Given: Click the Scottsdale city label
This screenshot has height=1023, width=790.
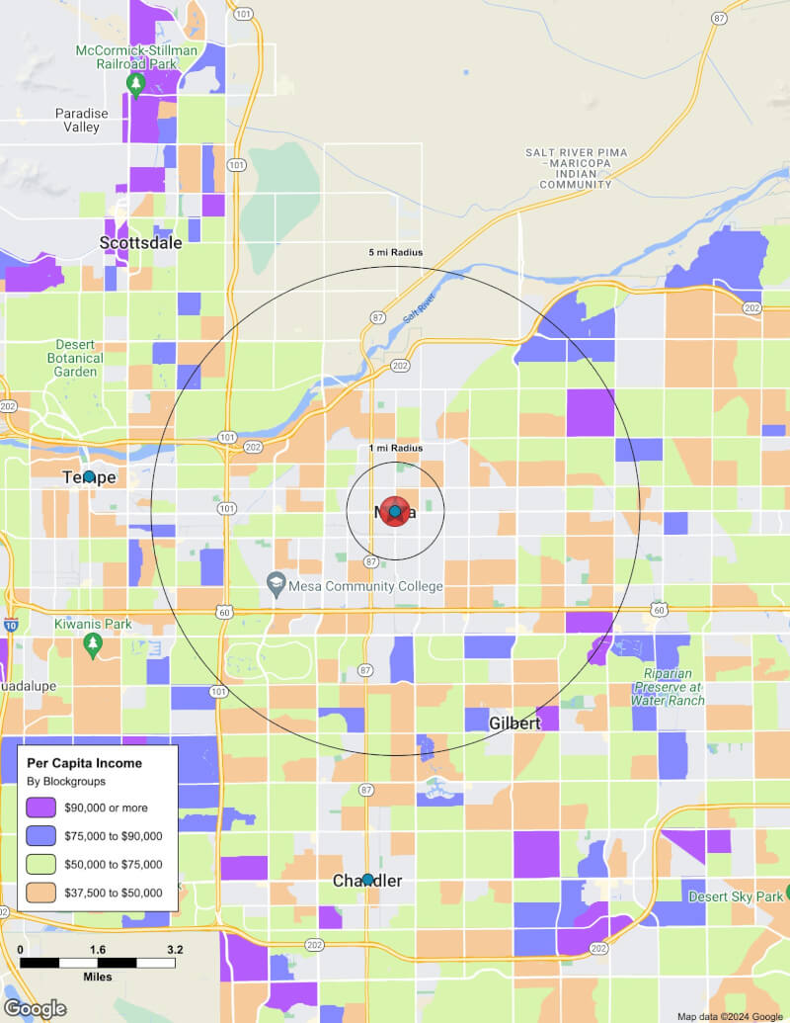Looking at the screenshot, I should pos(141,242).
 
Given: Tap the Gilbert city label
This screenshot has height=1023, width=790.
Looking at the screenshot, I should pos(514,724).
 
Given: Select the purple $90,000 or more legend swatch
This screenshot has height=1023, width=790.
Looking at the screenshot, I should pos(41,808).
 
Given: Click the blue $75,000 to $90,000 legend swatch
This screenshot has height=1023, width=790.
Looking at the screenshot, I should pos(41,836).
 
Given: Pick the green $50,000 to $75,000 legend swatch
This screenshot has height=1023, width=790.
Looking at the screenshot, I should pos(41,864).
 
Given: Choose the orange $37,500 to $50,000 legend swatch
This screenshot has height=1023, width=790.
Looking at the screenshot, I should pos(41,893).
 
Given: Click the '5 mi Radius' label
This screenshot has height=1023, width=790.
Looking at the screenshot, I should pos(395,253).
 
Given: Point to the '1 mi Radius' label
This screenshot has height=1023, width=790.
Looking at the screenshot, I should pos(395,449).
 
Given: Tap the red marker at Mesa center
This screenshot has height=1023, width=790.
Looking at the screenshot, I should pos(395,511).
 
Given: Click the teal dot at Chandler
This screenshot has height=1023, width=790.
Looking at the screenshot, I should pos(367,879).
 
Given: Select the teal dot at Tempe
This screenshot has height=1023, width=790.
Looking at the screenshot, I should pos(89,476).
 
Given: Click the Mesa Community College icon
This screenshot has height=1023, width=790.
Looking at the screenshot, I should pos(276,586).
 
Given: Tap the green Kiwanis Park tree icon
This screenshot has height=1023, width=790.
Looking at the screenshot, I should pos(93,645).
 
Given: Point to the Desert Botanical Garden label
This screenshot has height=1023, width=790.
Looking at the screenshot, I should pos(76,358).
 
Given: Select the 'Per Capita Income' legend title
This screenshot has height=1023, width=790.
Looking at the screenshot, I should pos(84,763).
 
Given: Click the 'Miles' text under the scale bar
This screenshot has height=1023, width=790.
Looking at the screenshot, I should pos(97,977).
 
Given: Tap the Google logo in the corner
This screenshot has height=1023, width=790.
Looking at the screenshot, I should pos(35,1008).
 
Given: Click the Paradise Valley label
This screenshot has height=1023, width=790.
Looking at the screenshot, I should pos(77,120).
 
